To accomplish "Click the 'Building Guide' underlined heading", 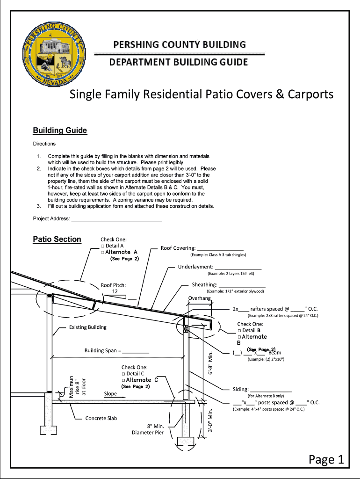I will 60,131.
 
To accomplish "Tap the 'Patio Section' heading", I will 57,239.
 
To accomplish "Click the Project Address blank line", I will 116,218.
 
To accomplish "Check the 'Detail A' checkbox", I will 103,246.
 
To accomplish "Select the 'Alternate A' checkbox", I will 103,252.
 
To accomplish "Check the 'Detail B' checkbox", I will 239,331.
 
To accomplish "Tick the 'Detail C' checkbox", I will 123,374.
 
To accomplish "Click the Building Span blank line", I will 136,351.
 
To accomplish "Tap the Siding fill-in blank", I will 271,389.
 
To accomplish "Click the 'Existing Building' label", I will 87,327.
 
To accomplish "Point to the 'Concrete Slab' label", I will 101,418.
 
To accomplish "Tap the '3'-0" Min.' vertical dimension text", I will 211,421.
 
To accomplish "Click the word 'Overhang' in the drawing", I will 200,298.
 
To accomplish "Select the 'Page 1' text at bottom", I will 326,460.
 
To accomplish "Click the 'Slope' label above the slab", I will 110,394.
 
